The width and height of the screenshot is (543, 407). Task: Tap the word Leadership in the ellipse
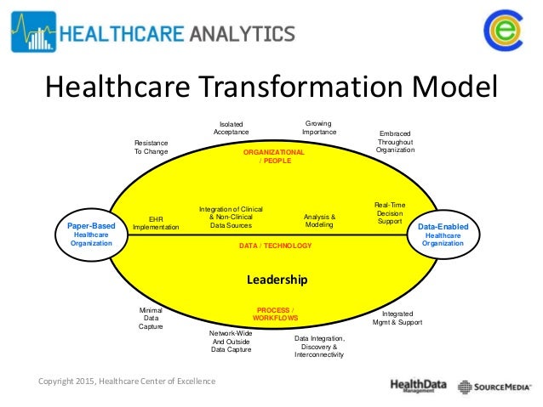tap(277, 280)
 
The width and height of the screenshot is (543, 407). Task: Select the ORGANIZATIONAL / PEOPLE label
tap(273, 156)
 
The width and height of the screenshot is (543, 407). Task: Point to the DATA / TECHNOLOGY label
tap(275, 246)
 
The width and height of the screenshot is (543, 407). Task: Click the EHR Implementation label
tap(156, 223)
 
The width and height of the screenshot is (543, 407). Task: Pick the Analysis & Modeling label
tap(319, 221)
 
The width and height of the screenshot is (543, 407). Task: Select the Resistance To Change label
tap(151, 147)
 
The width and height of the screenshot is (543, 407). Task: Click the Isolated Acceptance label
tap(231, 127)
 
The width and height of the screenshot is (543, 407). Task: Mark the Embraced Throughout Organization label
tap(395, 142)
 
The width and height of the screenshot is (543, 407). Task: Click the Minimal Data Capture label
tap(151, 318)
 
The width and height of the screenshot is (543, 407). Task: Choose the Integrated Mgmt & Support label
tap(397, 319)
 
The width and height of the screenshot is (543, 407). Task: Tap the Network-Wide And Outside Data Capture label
tap(231, 341)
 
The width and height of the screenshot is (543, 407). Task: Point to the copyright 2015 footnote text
tap(127, 381)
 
